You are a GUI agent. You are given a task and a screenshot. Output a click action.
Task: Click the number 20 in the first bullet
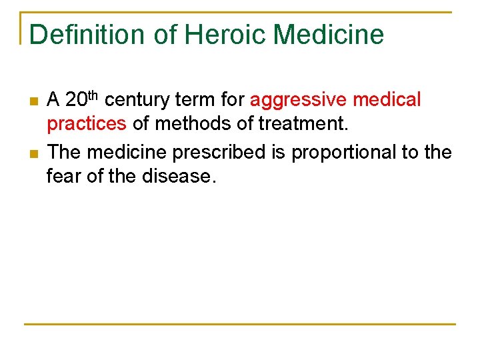[77, 100]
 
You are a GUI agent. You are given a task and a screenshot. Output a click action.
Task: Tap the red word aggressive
[299, 101]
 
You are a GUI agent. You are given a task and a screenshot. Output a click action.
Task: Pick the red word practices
[87, 125]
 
